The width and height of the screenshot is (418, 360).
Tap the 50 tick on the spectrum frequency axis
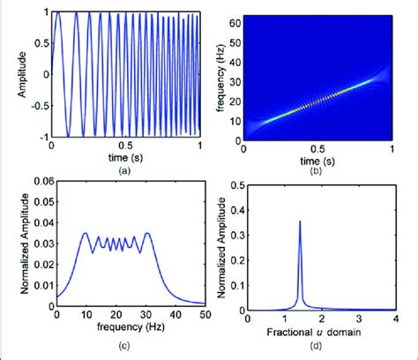[x=206, y=321]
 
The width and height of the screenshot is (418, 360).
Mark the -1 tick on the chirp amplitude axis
[x=41, y=138]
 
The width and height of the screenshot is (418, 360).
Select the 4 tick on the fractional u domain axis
[x=394, y=321]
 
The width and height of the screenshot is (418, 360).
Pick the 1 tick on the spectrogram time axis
[x=394, y=146]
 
